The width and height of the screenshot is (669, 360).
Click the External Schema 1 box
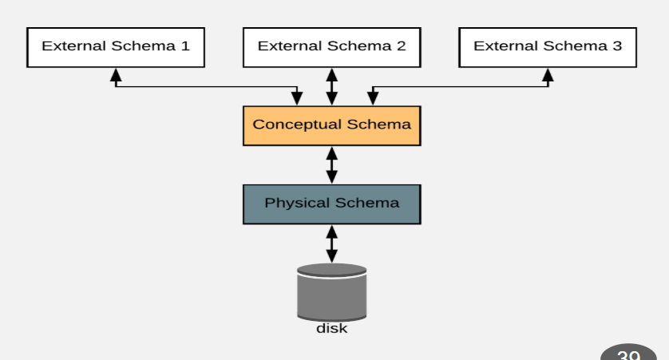[115, 47]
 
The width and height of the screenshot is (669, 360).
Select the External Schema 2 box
[331, 47]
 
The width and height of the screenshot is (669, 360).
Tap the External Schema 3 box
[548, 47]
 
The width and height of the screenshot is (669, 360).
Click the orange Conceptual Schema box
[331, 125]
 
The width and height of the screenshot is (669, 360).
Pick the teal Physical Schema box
[331, 204]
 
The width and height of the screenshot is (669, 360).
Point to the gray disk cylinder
[331, 295]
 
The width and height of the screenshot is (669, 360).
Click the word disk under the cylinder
[331, 328]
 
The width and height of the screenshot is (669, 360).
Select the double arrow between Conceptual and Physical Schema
[332, 164]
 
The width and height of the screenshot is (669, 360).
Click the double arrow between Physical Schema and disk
[332, 243]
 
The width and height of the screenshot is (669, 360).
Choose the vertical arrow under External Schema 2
[332, 86]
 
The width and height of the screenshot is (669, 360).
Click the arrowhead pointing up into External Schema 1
[116, 75]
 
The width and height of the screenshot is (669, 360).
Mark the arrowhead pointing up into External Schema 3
[548, 75]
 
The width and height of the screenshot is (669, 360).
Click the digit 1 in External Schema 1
[185, 46]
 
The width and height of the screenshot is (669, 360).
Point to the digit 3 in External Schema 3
[617, 46]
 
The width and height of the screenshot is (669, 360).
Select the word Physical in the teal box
[297, 203]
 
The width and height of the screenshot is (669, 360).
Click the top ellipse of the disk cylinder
[331, 270]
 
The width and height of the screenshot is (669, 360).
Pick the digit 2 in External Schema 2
[401, 46]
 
